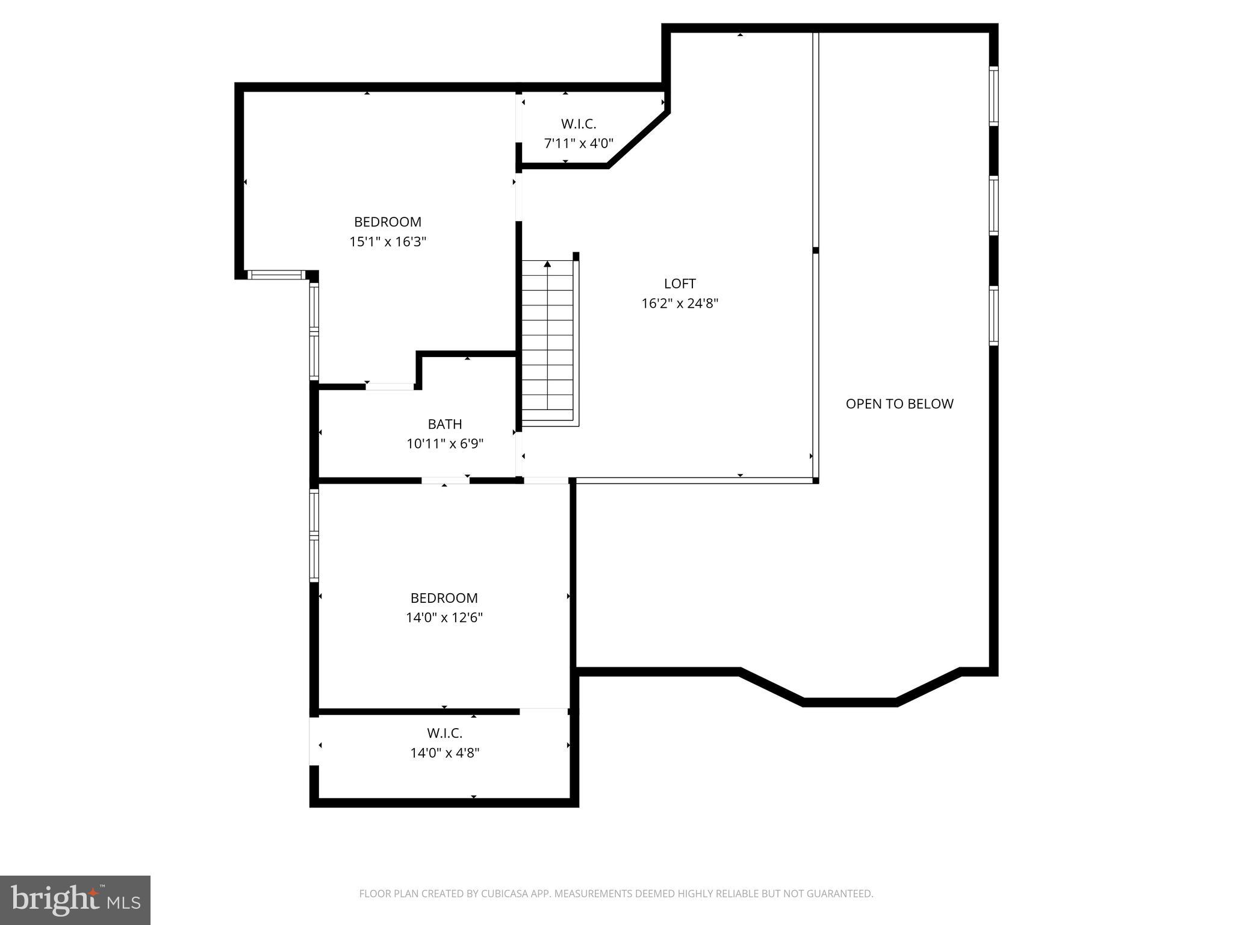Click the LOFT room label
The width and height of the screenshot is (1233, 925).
tap(680, 283)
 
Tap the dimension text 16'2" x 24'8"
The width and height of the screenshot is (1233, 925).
tap(680, 303)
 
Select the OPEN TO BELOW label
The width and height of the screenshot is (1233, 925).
tap(899, 403)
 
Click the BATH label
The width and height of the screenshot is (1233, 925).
tap(445, 424)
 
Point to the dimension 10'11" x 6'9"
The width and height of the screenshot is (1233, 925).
tap(445, 444)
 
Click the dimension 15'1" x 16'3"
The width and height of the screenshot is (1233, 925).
tap(388, 241)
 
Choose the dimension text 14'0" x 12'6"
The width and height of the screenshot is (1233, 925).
tap(444, 617)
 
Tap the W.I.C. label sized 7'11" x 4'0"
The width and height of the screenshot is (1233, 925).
tap(579, 124)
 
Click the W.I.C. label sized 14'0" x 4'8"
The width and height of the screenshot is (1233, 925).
tap(445, 733)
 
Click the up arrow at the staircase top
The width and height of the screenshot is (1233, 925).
tap(547, 264)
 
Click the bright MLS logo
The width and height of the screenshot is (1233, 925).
tap(75, 900)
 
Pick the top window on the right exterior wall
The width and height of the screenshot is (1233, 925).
tap(993, 96)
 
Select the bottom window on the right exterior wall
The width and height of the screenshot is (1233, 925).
tap(993, 316)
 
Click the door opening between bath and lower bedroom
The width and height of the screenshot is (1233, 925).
tap(445, 480)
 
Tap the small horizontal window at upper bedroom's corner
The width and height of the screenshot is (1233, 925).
tap(277, 275)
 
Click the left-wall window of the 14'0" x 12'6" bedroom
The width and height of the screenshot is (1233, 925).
tap(314, 535)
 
